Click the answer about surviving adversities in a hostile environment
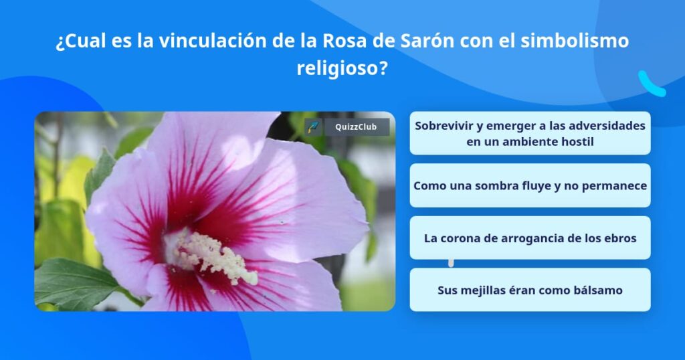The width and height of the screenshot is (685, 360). point(530,133)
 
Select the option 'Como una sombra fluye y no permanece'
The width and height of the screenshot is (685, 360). point(530,185)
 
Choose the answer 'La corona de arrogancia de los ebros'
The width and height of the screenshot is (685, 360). point(530,238)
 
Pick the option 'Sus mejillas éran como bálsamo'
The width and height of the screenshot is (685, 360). point(530,290)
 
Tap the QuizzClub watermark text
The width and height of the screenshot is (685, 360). point(356,127)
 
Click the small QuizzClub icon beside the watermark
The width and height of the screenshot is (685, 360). point(313,127)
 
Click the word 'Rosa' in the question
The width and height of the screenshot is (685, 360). point(345,41)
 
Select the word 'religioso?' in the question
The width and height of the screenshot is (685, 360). point(342,68)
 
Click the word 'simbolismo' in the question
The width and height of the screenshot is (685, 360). point(575,41)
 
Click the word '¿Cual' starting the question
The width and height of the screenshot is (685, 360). point(80,41)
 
